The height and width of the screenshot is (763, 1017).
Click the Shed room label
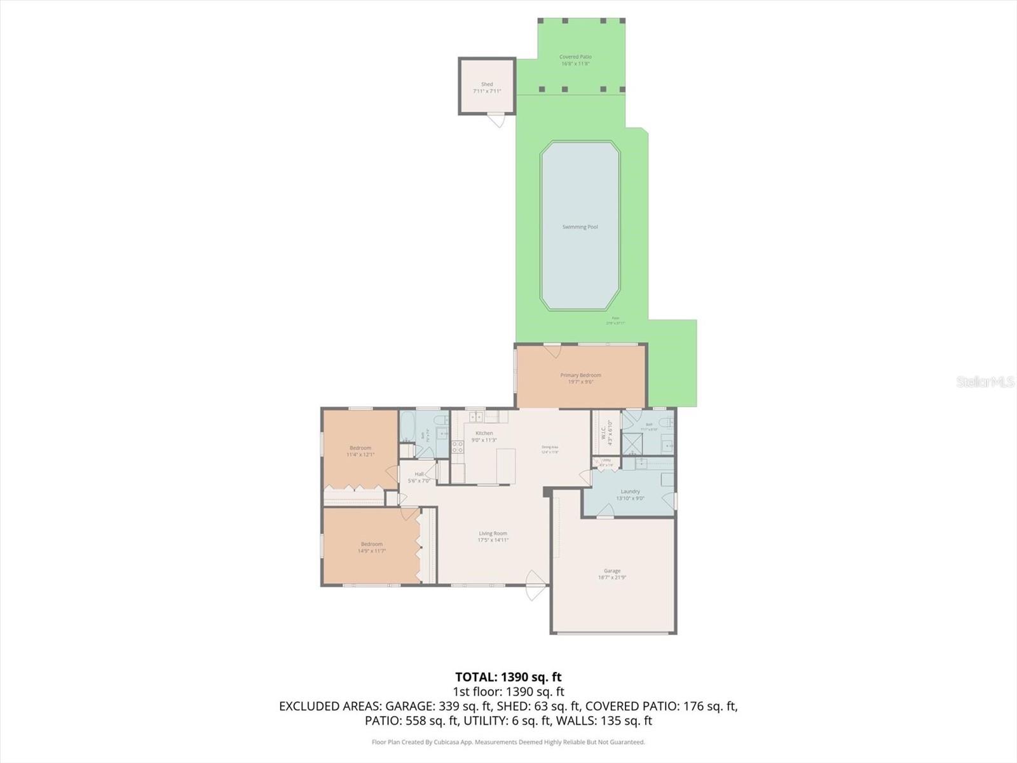[487, 85]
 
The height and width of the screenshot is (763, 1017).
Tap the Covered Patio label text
[575, 57]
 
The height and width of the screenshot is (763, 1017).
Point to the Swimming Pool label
[580, 227]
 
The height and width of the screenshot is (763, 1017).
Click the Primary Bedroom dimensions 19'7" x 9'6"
[580, 382]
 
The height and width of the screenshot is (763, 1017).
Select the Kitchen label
[484, 433]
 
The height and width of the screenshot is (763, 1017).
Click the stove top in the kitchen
[458, 447]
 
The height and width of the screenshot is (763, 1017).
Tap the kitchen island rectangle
[506, 465]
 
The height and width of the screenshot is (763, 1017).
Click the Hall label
[419, 474]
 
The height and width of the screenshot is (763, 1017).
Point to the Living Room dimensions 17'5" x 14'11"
[493, 540]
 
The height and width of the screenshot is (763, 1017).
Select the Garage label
[612, 571]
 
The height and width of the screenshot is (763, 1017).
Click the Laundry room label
[630, 491]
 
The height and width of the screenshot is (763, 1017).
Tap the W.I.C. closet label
[604, 432]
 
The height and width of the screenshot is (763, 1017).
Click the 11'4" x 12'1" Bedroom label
[360, 448]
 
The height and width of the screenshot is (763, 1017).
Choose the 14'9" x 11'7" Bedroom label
[372, 544]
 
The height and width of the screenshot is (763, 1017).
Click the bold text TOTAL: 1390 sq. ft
[508, 677]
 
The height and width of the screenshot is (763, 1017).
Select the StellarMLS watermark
[985, 381]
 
